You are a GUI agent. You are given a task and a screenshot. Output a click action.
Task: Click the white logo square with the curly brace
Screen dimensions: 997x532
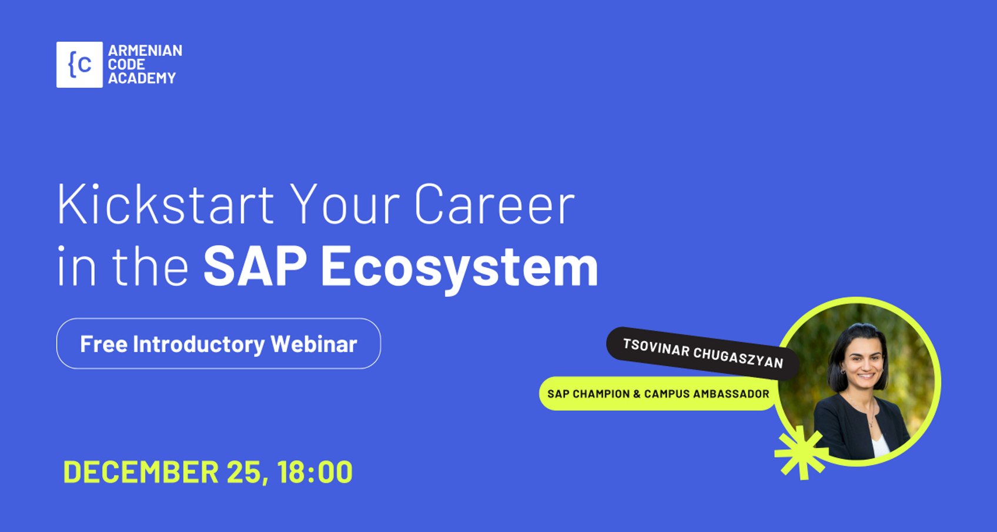(79, 65)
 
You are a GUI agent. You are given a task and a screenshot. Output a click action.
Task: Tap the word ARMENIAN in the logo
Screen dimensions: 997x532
(145, 51)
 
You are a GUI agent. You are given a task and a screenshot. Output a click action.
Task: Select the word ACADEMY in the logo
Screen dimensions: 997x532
(142, 78)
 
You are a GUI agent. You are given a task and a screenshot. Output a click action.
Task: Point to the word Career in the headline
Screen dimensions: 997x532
(495, 204)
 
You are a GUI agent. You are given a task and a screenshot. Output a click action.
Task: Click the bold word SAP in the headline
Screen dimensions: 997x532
(255, 266)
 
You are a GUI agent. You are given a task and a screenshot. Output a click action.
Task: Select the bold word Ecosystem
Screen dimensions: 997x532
(460, 268)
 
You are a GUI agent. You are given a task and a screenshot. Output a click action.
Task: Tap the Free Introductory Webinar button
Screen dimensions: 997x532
(219, 344)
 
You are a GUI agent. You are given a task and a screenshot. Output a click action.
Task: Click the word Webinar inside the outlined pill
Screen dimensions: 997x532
(314, 344)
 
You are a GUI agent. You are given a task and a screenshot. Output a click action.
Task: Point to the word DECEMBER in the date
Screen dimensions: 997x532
(141, 472)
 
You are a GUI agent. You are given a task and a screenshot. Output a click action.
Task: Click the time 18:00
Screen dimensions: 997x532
(315, 472)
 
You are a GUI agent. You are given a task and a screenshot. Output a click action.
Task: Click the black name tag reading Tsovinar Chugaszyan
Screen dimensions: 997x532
(702, 354)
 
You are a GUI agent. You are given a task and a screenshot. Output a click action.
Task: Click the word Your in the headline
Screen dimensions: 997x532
(345, 204)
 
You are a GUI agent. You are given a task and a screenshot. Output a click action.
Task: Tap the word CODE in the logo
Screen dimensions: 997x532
(126, 65)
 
